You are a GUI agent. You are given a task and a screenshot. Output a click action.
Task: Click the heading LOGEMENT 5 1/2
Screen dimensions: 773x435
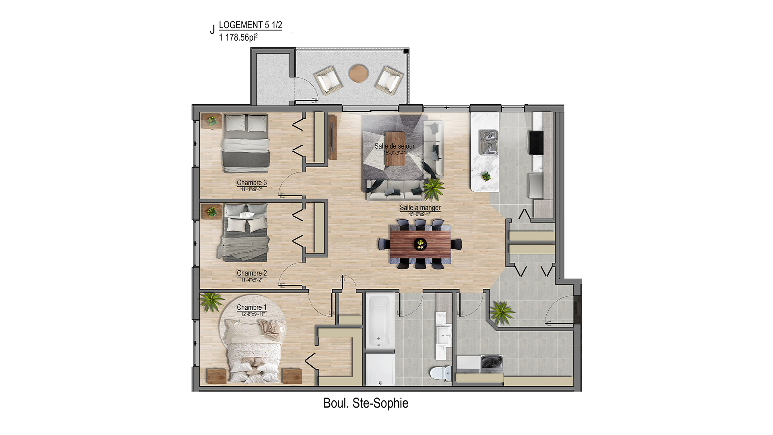point(250,25)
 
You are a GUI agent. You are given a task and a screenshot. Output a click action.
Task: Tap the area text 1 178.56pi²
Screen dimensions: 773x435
point(238,37)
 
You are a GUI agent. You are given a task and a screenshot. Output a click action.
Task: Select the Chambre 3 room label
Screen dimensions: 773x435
point(252,182)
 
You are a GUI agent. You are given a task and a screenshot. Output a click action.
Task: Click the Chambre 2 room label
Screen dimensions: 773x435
point(252,273)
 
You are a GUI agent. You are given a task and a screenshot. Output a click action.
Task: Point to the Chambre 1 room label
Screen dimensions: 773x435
point(252,307)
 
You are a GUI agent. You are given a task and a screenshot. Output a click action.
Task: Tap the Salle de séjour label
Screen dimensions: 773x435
point(395,146)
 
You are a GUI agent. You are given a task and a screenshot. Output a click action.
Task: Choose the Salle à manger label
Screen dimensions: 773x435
point(420,208)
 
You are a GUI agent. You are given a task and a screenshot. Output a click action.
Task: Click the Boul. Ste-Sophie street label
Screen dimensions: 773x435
point(366,403)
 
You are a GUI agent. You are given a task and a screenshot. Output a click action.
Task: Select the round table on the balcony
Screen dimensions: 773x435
point(358,73)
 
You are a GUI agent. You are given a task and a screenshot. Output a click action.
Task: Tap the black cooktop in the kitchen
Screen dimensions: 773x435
point(536,143)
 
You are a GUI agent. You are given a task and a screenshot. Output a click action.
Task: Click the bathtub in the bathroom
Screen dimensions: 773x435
point(380,321)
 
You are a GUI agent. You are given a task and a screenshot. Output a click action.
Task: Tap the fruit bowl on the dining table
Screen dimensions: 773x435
point(421,244)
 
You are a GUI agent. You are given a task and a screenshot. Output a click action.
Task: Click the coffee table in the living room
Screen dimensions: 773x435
point(395,148)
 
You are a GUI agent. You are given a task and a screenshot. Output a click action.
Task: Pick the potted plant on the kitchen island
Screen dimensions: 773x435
point(486,176)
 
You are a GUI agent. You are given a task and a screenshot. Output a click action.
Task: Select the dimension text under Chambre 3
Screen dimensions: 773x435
point(252,189)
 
